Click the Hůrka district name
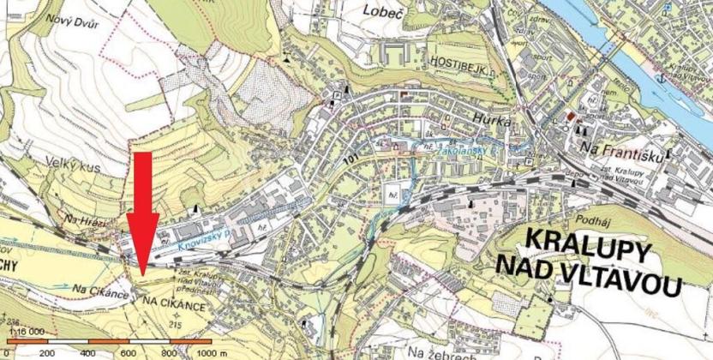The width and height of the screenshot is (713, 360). pyautogui.click(x=491, y=121)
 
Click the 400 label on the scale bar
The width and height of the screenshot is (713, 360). pyautogui.click(x=87, y=351)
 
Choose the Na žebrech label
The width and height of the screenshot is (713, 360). pyautogui.click(x=439, y=351)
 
